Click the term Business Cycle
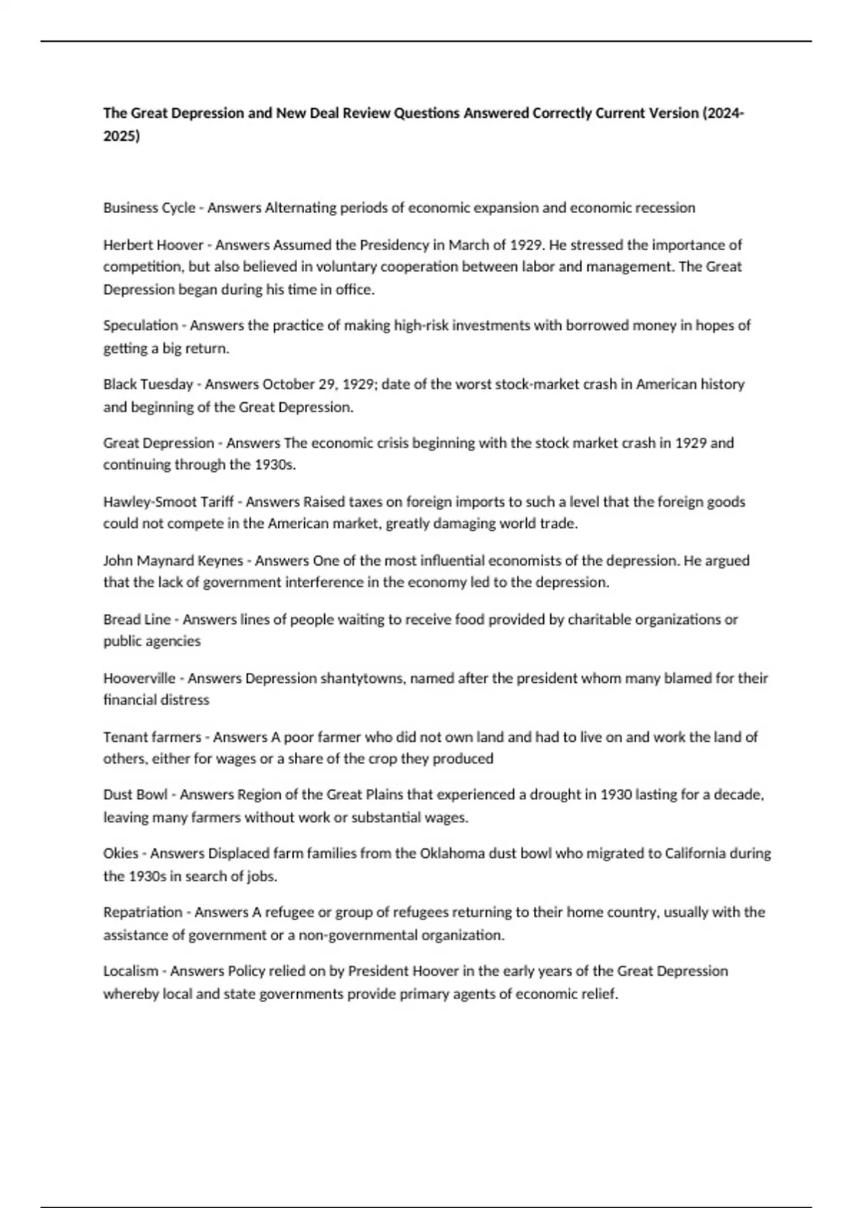point(149,208)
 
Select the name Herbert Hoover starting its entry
point(154,245)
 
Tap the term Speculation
point(141,325)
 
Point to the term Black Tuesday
point(148,384)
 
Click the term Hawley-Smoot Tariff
point(168,502)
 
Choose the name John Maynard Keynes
point(173,561)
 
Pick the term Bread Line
point(137,620)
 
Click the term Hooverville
point(139,679)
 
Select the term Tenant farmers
point(152,738)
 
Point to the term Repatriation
point(143,912)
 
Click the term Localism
point(131,971)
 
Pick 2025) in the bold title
point(122,136)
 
